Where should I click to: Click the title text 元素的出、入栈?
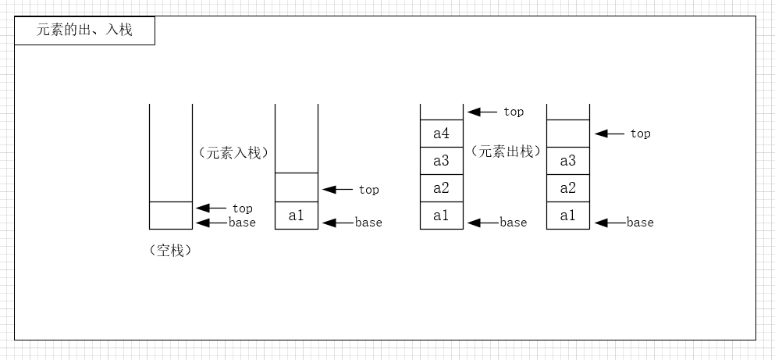(x=84, y=31)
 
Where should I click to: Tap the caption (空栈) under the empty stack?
(x=169, y=251)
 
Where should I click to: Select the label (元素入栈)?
(x=233, y=153)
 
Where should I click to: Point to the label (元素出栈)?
(x=506, y=151)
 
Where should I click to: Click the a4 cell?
(x=441, y=134)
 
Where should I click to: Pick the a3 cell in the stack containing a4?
(x=441, y=161)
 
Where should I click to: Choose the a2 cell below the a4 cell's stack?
(x=441, y=188)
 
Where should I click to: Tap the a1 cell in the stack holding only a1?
(x=297, y=216)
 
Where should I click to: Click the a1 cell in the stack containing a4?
(x=441, y=216)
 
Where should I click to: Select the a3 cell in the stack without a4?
(x=567, y=161)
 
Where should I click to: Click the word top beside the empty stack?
(x=242, y=209)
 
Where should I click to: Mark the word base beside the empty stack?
(x=242, y=223)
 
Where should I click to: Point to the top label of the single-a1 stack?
(x=368, y=190)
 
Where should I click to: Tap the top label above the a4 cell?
(x=514, y=112)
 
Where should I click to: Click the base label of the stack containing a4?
(x=514, y=223)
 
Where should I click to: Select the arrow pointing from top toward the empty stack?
(x=210, y=208)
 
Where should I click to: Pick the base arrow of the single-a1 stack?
(x=337, y=223)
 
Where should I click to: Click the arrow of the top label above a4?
(x=482, y=112)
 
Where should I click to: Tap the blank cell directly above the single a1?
(x=297, y=187)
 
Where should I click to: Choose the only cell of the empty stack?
(x=170, y=215)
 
